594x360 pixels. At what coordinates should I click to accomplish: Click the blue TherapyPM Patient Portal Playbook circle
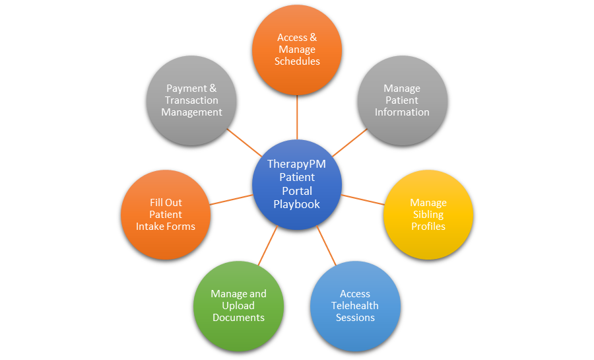297,184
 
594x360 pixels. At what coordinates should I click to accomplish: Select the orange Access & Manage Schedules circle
297,50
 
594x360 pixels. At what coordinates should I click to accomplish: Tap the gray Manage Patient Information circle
403,100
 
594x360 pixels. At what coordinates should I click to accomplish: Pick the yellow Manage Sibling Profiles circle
428,215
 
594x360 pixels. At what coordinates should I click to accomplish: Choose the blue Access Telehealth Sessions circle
355,306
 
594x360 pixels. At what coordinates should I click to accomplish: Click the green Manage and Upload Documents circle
238,306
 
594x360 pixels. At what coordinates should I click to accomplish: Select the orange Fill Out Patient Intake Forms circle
166,215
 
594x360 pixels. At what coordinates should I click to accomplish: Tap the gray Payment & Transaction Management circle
191,100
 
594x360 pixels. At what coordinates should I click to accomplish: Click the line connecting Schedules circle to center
297,117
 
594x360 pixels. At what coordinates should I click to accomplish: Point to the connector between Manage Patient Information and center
350,143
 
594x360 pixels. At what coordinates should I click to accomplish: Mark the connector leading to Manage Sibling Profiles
362,199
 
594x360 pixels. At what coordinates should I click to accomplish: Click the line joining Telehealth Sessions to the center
326,245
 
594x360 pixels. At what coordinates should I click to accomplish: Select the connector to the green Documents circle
268,245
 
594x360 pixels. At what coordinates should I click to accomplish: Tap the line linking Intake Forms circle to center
231,199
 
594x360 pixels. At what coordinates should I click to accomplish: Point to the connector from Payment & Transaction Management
244,143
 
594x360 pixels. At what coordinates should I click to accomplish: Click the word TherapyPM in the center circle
296,164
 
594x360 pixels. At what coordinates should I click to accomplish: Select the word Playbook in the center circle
296,204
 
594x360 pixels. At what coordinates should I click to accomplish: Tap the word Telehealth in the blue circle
355,305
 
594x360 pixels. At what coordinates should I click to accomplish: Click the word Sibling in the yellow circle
428,215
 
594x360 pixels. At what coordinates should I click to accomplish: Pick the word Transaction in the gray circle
191,100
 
